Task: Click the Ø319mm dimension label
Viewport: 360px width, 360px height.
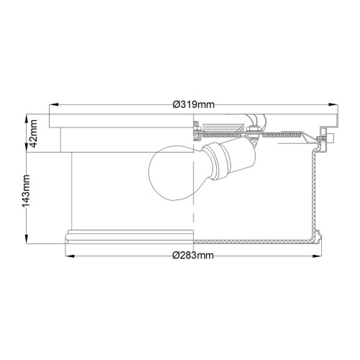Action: (194, 104)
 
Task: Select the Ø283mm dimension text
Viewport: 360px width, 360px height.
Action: (194, 256)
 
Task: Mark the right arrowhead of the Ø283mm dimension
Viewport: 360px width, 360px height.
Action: (320, 256)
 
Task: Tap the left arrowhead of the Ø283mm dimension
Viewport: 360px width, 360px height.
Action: (68, 256)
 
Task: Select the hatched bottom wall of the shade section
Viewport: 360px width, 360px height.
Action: (252, 238)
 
